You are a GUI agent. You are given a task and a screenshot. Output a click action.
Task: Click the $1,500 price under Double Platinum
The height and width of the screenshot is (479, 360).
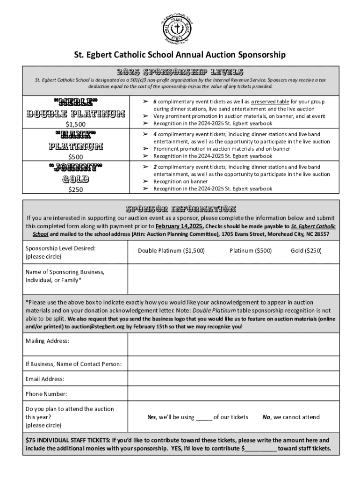pyautogui.click(x=75, y=124)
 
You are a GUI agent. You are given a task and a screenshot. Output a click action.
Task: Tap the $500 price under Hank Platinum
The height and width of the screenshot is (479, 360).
pyautogui.click(x=75, y=157)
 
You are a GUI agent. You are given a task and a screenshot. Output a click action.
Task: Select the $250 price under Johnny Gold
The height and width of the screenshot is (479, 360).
pyautogui.click(x=75, y=189)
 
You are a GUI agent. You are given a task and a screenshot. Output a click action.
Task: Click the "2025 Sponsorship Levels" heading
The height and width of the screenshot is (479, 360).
pyautogui.click(x=180, y=72)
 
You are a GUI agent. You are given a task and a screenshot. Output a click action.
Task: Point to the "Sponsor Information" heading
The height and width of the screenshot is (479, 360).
pyautogui.click(x=180, y=209)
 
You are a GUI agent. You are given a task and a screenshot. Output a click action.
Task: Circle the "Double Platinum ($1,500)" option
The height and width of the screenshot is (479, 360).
pyautogui.click(x=171, y=251)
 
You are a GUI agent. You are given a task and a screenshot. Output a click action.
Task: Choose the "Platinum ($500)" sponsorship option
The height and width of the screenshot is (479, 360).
pyautogui.click(x=250, y=251)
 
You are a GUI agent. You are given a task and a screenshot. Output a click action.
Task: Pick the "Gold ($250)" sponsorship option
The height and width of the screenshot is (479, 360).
pyautogui.click(x=306, y=251)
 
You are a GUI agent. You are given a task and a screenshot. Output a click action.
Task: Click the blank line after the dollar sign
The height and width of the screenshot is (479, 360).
pyautogui.click(x=260, y=448)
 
